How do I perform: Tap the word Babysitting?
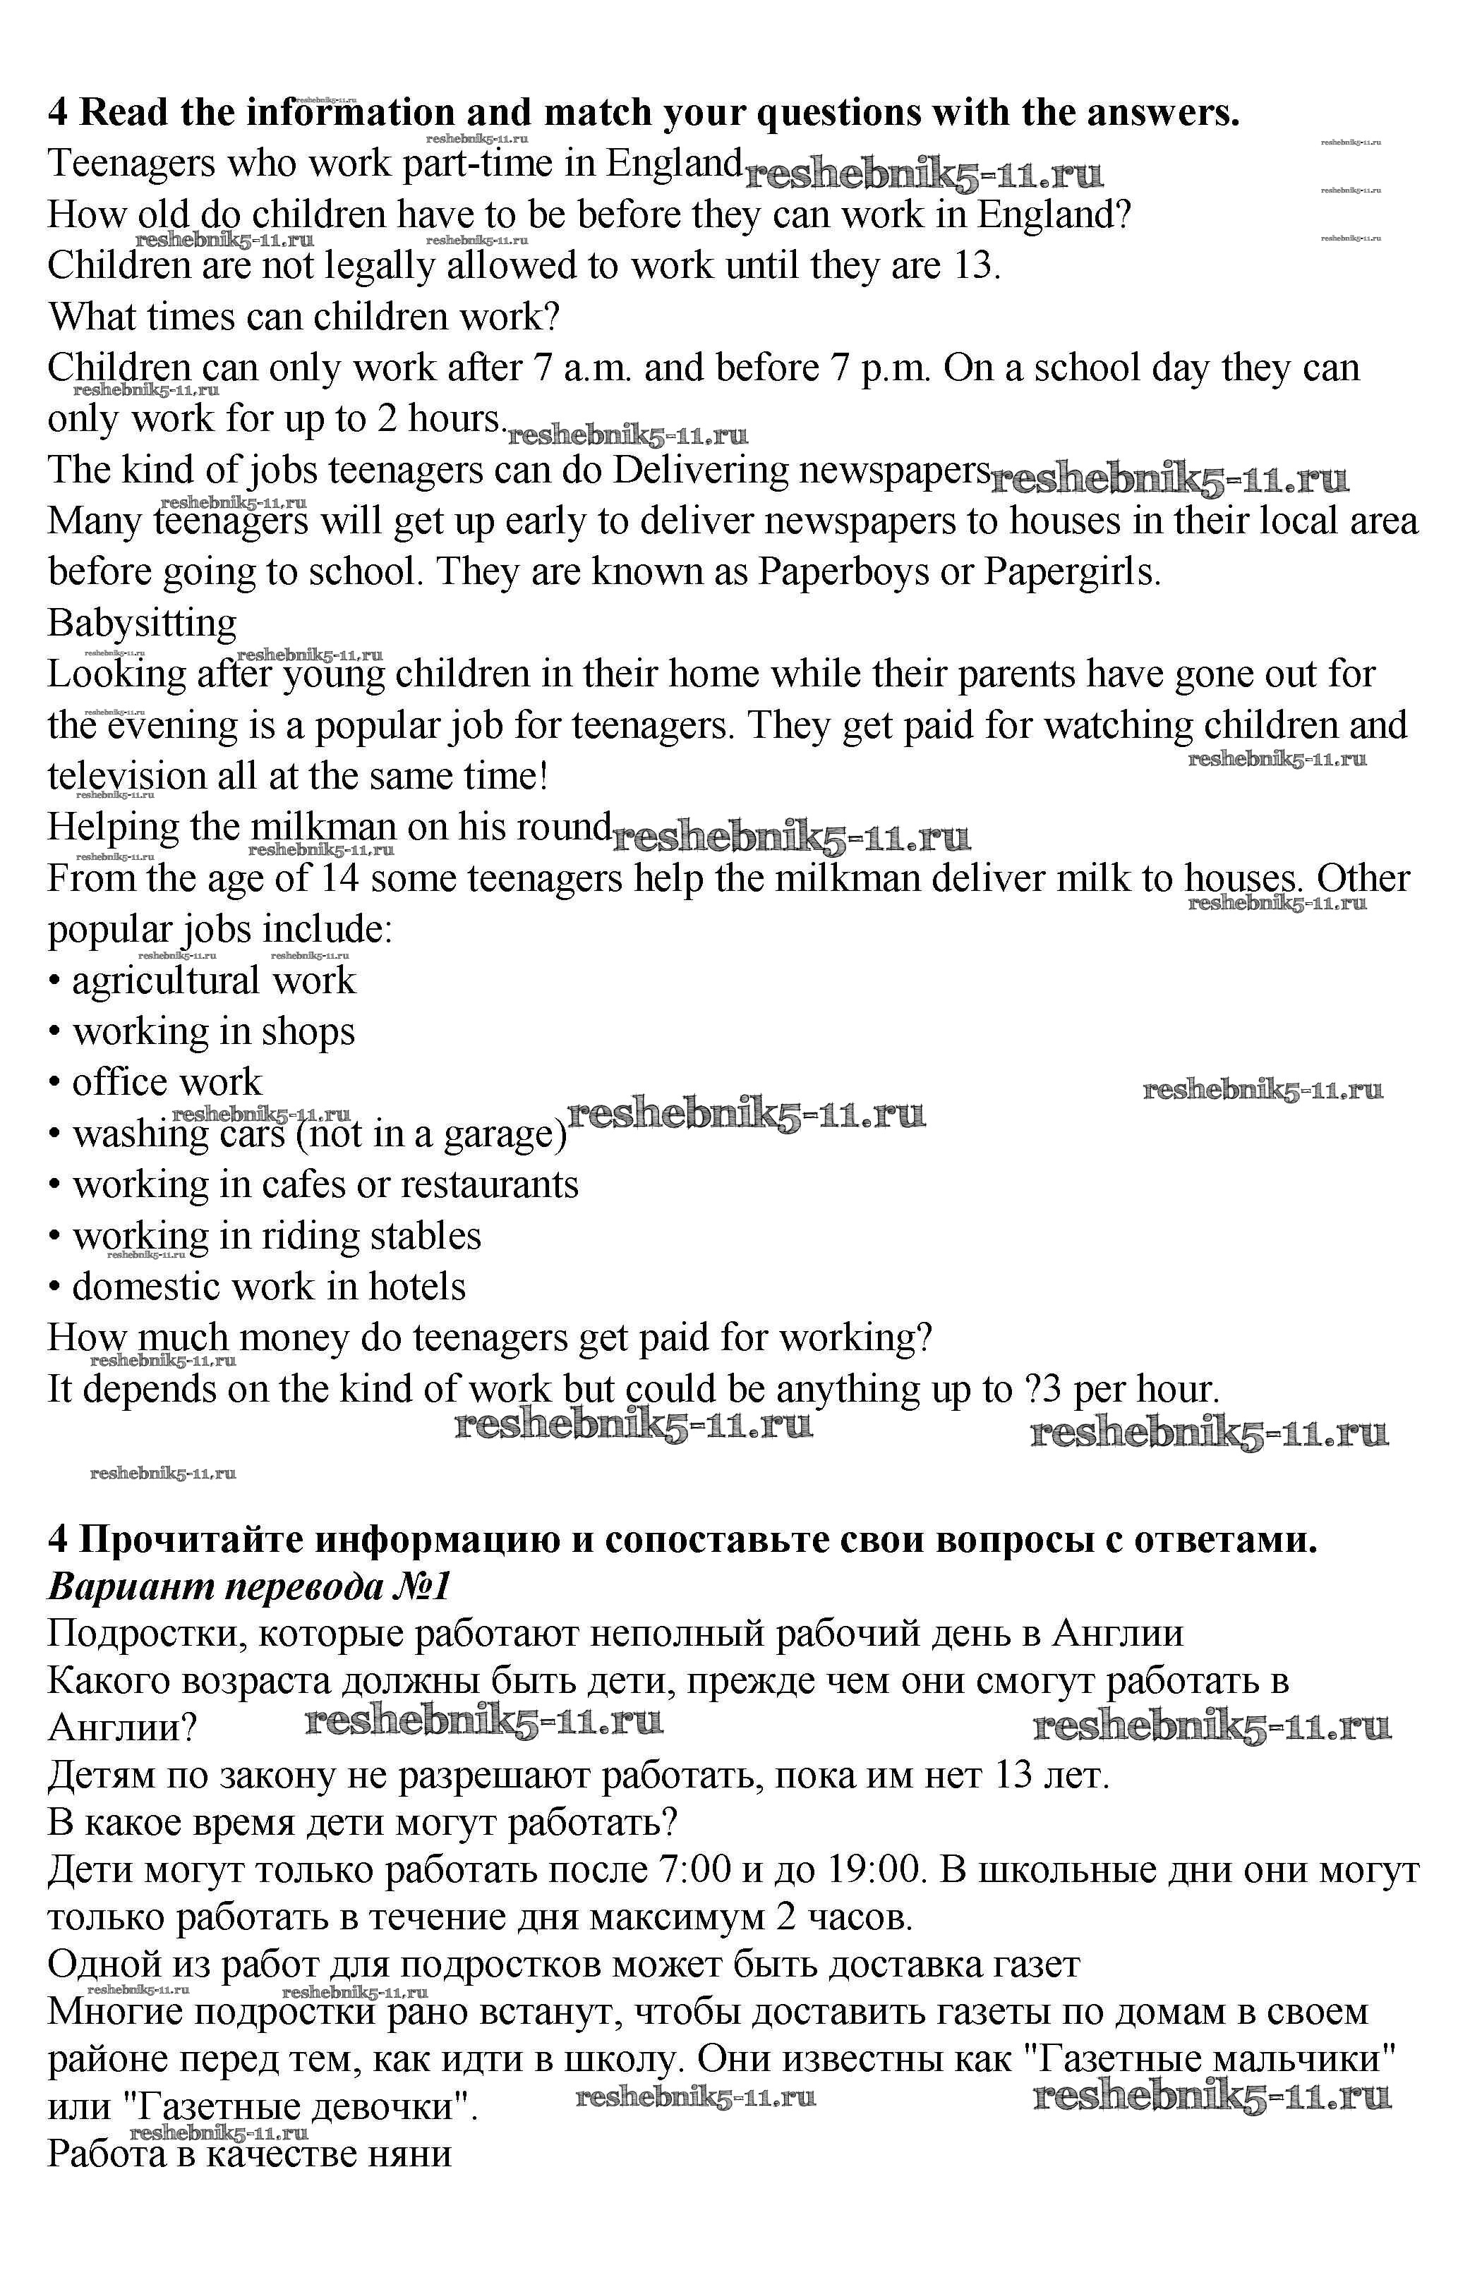[x=142, y=624]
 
